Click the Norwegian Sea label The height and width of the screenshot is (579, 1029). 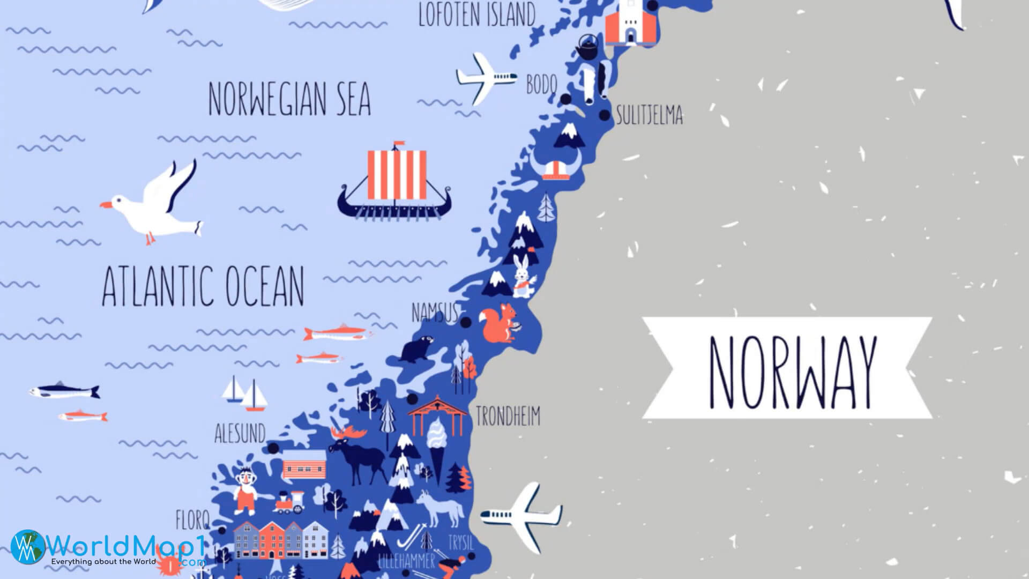(289, 99)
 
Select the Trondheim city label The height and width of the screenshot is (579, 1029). (508, 417)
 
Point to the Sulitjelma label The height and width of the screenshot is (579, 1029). (650, 115)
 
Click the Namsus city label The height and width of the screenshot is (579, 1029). (435, 312)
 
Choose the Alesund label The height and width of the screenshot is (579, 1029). (240, 433)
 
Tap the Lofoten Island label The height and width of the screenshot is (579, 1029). (476, 14)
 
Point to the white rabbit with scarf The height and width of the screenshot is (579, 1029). (522, 277)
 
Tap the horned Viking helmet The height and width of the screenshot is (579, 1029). (557, 164)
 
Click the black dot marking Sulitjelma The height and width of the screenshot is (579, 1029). (604, 115)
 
